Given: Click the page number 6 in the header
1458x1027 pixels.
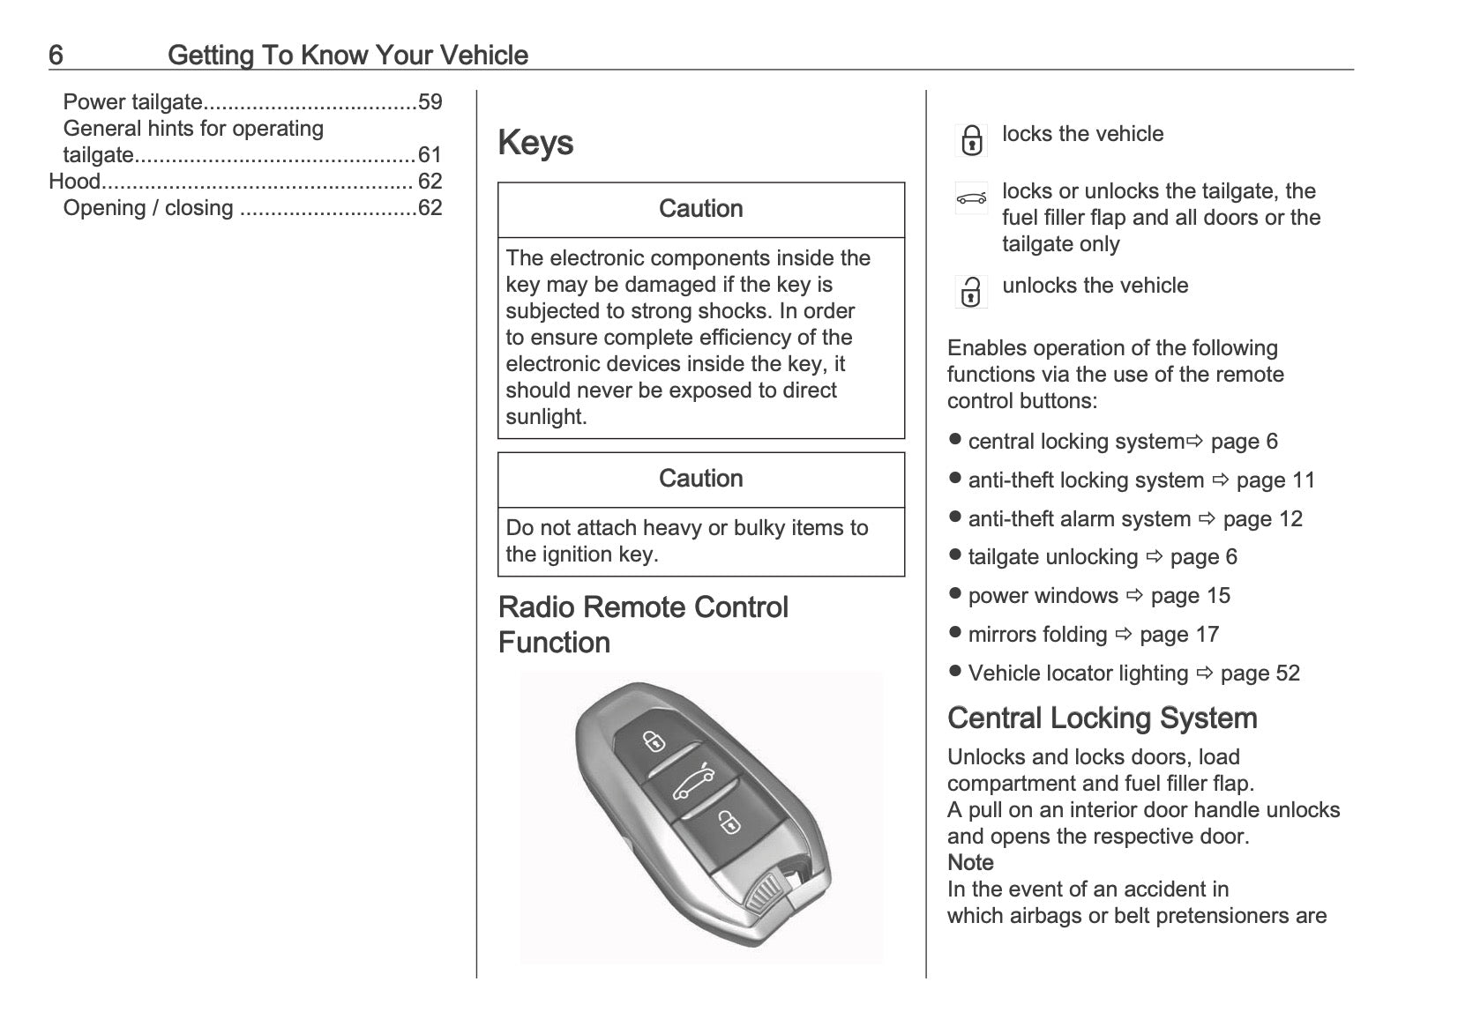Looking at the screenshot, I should pyautogui.click(x=56, y=56).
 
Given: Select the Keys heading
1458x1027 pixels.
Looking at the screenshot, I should pyautogui.click(x=535, y=143).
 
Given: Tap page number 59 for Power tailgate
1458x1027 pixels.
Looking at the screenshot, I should pyautogui.click(x=430, y=102).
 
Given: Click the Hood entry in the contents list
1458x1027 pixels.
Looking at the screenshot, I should pyautogui.click(x=74, y=182).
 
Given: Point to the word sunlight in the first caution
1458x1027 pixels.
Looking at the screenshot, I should pyautogui.click(x=545, y=417).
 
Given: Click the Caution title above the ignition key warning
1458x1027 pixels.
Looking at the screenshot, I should pyautogui.click(x=700, y=479).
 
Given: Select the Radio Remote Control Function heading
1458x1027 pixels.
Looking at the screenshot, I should pyautogui.click(x=643, y=624).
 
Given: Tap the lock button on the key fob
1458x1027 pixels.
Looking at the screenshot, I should pyautogui.click(x=654, y=741).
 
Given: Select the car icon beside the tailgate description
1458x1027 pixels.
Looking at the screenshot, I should pyautogui.click(x=971, y=198).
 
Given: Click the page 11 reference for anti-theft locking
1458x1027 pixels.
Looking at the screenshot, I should pyautogui.click(x=1275, y=480).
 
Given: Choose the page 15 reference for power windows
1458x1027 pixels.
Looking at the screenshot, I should pyautogui.click(x=1190, y=596).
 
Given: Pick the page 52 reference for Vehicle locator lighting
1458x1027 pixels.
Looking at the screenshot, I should pyautogui.click(x=1260, y=674).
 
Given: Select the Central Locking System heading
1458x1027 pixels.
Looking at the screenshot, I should pyautogui.click(x=1102, y=718).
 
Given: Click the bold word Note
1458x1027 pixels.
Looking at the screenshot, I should pyautogui.click(x=970, y=863).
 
